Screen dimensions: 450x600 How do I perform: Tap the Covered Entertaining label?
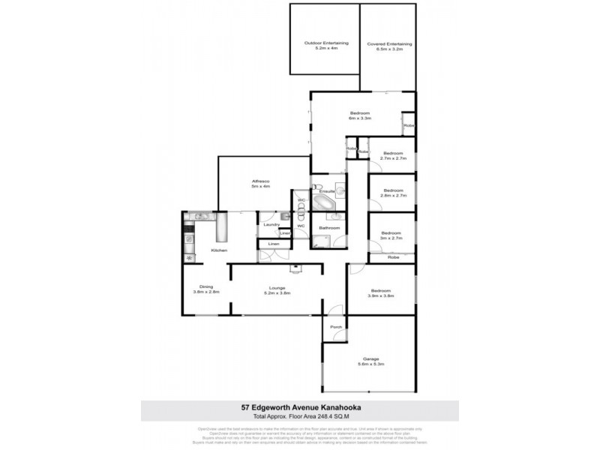pos(388,43)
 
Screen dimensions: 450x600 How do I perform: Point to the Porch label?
pos(336,327)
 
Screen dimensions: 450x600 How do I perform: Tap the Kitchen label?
pos(218,250)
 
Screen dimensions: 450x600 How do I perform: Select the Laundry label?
pos(272,224)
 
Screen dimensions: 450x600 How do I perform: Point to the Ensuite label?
pos(326,191)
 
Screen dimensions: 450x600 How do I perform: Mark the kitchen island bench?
pos(222,227)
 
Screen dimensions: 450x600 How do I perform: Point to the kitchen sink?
pos(199,217)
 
